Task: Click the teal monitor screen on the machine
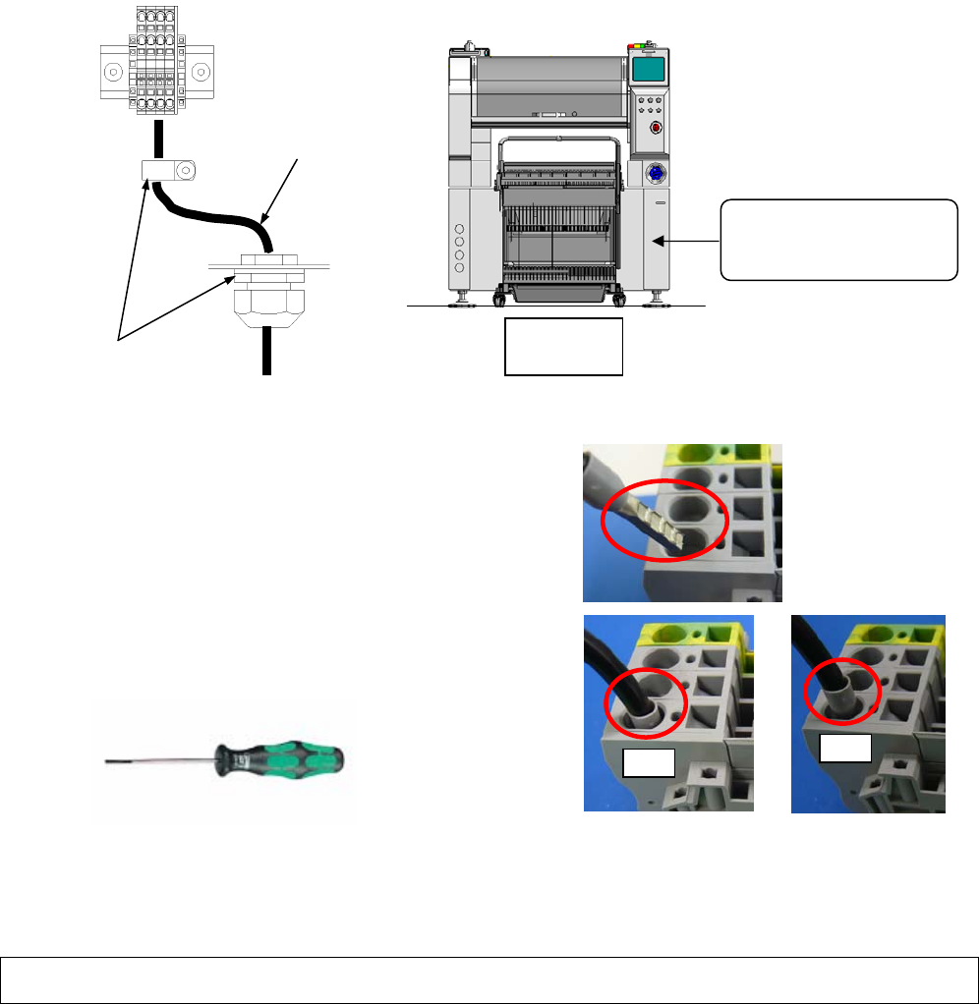(x=646, y=70)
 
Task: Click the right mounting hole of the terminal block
(x=201, y=72)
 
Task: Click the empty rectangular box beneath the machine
(x=563, y=346)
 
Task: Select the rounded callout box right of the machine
(x=838, y=240)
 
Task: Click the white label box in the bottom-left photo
(x=648, y=760)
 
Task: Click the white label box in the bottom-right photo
(x=845, y=750)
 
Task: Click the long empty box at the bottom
(x=489, y=979)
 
